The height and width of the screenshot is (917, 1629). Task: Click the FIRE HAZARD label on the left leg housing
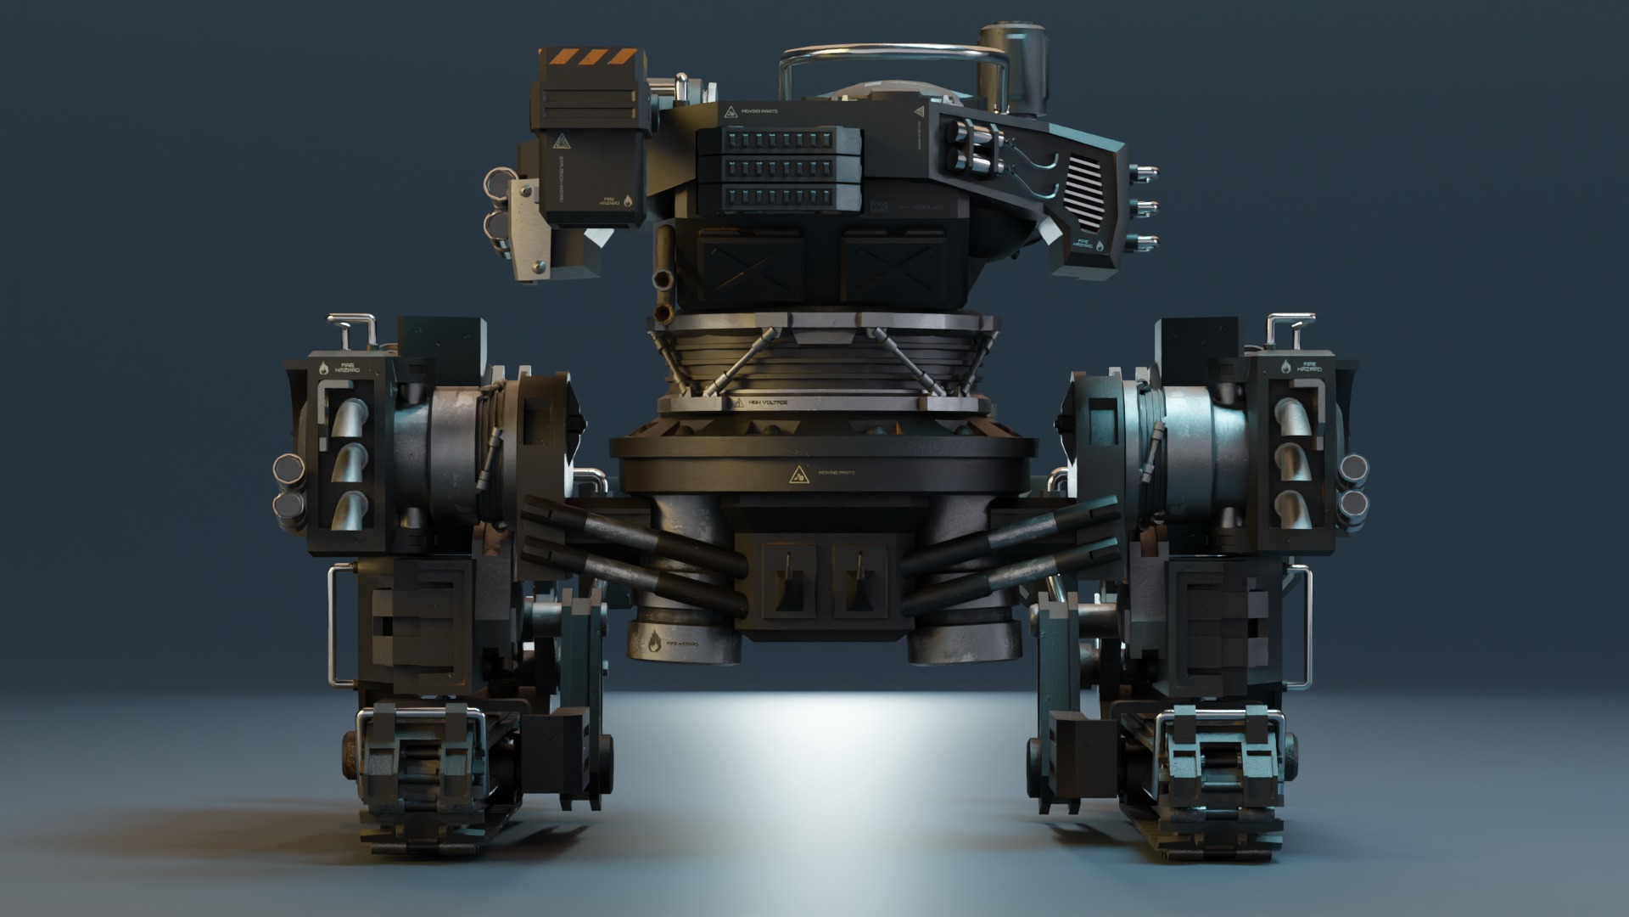pos(346,368)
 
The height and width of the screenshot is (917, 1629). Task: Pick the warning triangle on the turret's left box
pos(560,142)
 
